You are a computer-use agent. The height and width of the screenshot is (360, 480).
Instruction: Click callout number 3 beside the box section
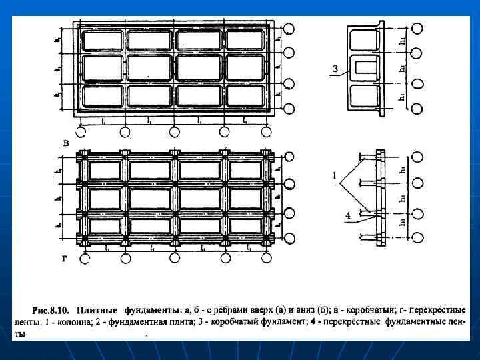coord(335,68)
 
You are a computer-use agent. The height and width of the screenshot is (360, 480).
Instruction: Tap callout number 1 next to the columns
coord(331,176)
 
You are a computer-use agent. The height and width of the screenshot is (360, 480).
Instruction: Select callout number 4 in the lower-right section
coord(347,214)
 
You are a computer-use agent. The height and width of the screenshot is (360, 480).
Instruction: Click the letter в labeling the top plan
coord(66,143)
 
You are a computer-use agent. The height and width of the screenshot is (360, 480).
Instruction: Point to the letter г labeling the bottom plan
coord(65,261)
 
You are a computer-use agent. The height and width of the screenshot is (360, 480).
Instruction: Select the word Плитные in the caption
coord(97,310)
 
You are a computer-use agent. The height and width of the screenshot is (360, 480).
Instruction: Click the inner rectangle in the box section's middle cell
coord(365,67)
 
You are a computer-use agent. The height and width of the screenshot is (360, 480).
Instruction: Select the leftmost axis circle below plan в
coord(83,131)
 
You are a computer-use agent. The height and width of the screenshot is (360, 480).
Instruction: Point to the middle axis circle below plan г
coord(175,258)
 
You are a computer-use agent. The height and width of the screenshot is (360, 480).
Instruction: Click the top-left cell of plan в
coord(102,41)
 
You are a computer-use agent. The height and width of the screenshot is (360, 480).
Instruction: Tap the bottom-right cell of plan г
coord(245,226)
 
